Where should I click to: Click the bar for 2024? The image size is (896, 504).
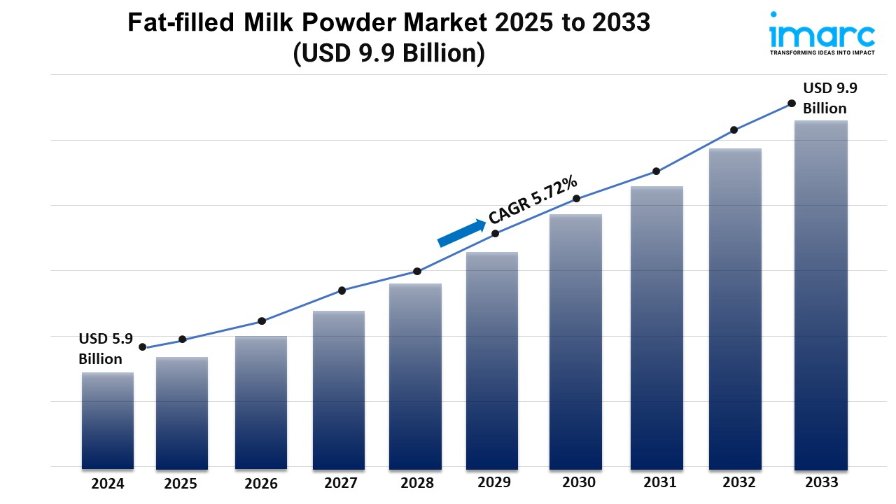pos(108,420)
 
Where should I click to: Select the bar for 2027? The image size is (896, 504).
pos(339,389)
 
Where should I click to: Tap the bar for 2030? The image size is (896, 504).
pos(575,342)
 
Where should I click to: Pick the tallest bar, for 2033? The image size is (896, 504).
pos(821,295)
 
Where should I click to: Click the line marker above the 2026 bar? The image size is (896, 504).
pos(262,321)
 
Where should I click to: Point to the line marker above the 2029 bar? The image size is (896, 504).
pos(495,233)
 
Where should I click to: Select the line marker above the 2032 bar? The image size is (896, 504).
pos(734,129)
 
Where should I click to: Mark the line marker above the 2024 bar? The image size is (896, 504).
pos(143,347)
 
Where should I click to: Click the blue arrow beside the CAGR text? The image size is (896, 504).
pos(461,233)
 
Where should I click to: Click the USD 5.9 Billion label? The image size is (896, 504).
pos(105,349)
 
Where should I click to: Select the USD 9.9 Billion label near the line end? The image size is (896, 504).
pos(829,98)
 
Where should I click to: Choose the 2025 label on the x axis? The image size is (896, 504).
pos(181,484)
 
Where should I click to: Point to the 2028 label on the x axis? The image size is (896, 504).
pos(417,483)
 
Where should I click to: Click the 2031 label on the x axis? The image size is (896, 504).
pos(659,482)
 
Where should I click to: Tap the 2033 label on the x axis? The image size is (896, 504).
pos(821,482)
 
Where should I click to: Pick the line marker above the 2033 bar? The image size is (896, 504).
pos(792,103)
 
